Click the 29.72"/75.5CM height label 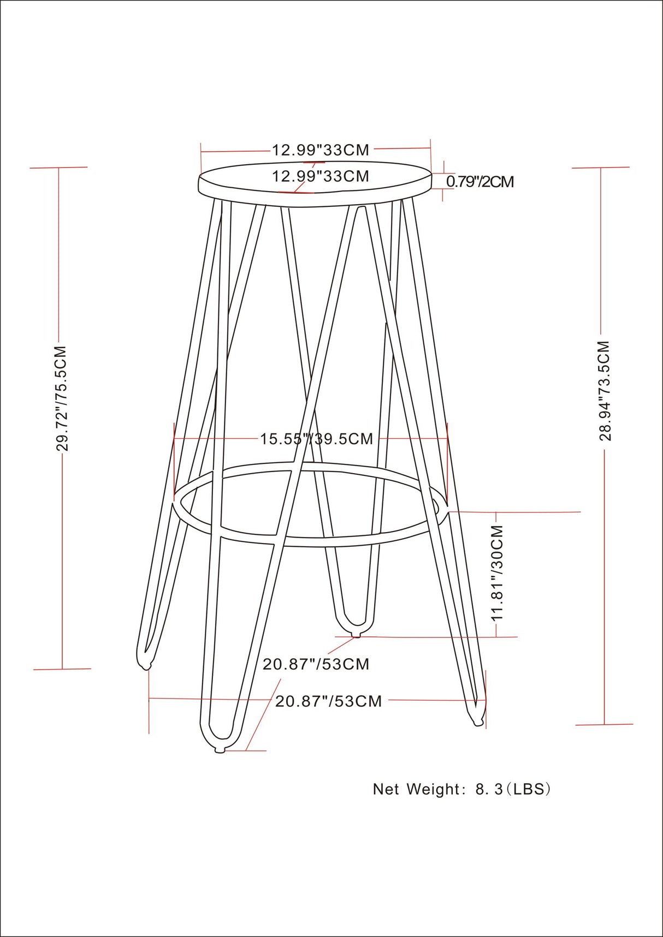click(x=62, y=398)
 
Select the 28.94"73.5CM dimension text click(x=604, y=390)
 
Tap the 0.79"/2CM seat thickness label click(x=480, y=182)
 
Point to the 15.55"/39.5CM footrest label click(x=316, y=439)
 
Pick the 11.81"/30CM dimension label click(x=497, y=572)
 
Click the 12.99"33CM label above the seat click(x=321, y=150)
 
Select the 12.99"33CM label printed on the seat click(x=321, y=176)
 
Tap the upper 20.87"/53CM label click(x=316, y=664)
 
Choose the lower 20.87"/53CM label click(x=328, y=701)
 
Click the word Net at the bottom click(x=387, y=789)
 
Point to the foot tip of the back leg click(x=356, y=635)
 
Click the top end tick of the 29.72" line click(x=58, y=168)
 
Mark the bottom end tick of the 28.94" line click(x=605, y=724)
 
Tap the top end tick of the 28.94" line click(x=601, y=168)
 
